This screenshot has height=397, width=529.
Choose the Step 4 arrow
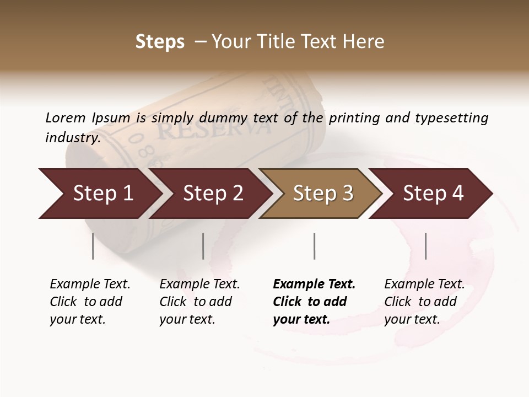pos(432,193)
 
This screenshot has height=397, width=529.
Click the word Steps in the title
pos(160,42)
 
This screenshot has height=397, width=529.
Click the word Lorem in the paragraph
pos(65,117)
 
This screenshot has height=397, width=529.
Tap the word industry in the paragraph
pos(73,137)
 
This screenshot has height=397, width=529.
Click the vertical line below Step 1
pos(93,246)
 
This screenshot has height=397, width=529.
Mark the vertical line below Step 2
pos(203,246)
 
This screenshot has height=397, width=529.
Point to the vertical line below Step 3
pos(314,246)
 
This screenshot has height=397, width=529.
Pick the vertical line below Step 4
pos(425,246)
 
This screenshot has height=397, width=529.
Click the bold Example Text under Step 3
pos(314,284)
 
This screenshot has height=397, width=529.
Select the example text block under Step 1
pos(90,302)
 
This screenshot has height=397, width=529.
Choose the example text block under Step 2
pos(199,302)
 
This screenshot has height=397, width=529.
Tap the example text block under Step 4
pos(424,302)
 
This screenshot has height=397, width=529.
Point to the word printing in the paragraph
pos(352,117)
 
